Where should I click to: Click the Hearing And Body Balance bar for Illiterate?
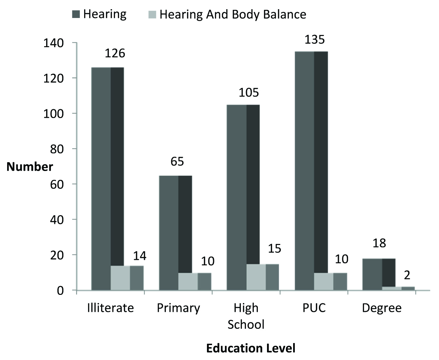(x=127, y=278)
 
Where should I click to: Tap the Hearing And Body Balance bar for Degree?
(x=398, y=288)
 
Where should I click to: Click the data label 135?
(x=314, y=39)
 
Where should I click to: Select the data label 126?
(x=115, y=53)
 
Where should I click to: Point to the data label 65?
(x=177, y=161)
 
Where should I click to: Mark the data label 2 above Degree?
(x=407, y=275)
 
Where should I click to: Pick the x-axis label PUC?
(x=313, y=308)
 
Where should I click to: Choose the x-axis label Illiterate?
(x=111, y=308)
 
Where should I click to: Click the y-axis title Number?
(x=30, y=167)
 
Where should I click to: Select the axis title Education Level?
(x=251, y=348)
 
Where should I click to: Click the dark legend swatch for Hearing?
(x=76, y=15)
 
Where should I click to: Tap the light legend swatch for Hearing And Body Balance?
(x=152, y=15)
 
